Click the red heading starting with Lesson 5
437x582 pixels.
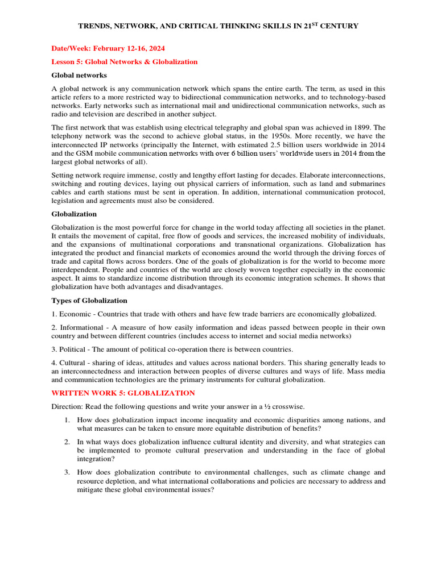pyautogui.click(x=125, y=62)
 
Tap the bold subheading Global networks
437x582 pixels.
pyautogui.click(x=79, y=75)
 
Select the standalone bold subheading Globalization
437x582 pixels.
pyautogui.click(x=74, y=214)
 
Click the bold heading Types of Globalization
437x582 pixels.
pyautogui.click(x=89, y=301)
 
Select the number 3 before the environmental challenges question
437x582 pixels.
pyautogui.click(x=67, y=472)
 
